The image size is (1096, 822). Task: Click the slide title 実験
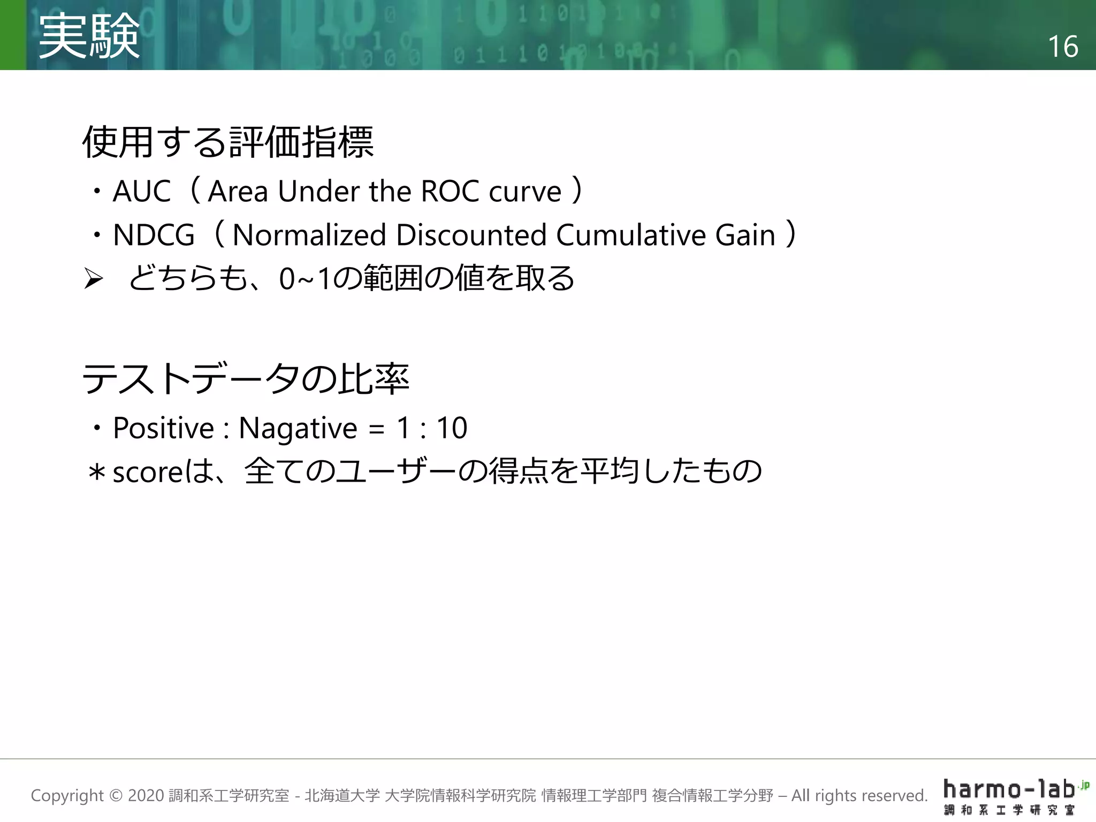click(89, 36)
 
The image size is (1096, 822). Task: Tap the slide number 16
click(1062, 47)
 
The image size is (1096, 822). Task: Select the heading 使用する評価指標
click(228, 142)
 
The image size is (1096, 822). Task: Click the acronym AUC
click(142, 191)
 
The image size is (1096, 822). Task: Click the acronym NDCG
click(154, 235)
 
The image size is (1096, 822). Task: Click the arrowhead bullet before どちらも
click(94, 279)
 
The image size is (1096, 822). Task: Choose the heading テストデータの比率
click(246, 379)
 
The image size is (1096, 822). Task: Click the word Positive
click(163, 428)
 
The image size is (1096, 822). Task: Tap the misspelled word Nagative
click(298, 428)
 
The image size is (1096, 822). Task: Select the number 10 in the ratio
click(452, 428)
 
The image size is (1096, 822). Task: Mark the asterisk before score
click(97, 473)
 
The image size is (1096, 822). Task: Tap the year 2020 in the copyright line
click(146, 796)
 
